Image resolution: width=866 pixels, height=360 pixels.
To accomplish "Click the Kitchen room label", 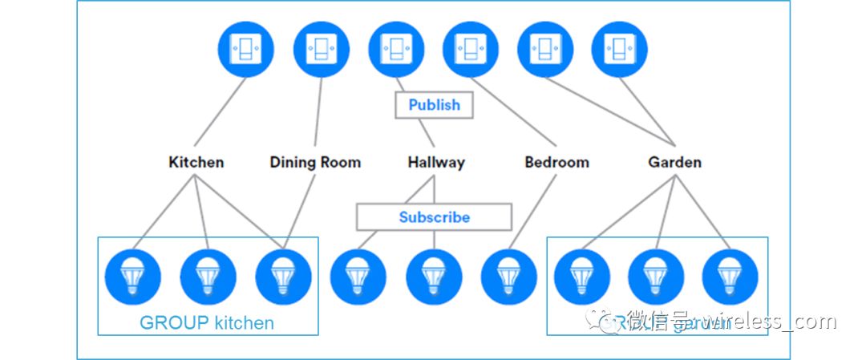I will (196, 162).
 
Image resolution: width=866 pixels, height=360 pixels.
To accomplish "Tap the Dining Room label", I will (315, 162).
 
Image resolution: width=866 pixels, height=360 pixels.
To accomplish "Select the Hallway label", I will (435, 162).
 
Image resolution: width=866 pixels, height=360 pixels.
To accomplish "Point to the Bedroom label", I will (556, 162).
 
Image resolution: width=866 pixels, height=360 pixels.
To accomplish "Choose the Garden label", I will (674, 162).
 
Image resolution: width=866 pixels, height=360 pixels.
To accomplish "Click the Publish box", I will (434, 105).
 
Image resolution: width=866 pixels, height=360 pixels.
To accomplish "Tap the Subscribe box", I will (434, 217).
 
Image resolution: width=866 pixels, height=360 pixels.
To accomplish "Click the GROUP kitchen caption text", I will (207, 323).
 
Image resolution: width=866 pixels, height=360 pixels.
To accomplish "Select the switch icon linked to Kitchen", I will (245, 50).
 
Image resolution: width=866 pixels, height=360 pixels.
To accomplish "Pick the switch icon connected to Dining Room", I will (321, 50).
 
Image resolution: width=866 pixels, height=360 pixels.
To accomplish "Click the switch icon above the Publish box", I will (396, 50).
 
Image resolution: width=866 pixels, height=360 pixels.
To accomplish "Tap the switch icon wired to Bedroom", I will (471, 50).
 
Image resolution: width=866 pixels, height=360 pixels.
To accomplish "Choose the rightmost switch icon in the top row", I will (620, 50).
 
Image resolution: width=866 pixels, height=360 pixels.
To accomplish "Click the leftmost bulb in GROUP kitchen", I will (133, 277).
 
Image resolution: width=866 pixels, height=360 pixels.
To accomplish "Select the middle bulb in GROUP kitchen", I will (208, 277).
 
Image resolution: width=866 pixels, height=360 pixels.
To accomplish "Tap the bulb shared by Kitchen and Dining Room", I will (283, 277).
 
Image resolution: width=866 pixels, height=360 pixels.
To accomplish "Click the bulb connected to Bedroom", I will (509, 277).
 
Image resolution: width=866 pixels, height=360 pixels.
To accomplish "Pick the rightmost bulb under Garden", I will (730, 277).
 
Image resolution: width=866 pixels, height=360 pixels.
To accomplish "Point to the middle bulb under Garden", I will (656, 277).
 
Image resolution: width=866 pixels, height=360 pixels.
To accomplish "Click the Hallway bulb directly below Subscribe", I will (434, 277).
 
